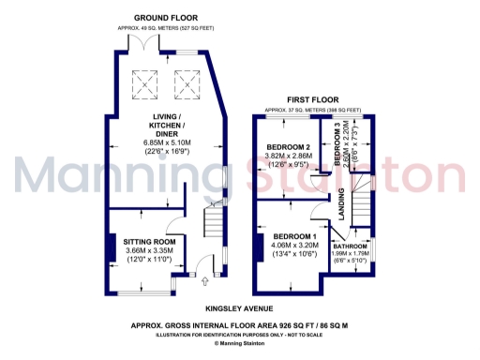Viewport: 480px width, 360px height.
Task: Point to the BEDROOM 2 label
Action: (288, 147)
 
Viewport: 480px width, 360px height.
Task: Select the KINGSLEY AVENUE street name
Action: (240, 307)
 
